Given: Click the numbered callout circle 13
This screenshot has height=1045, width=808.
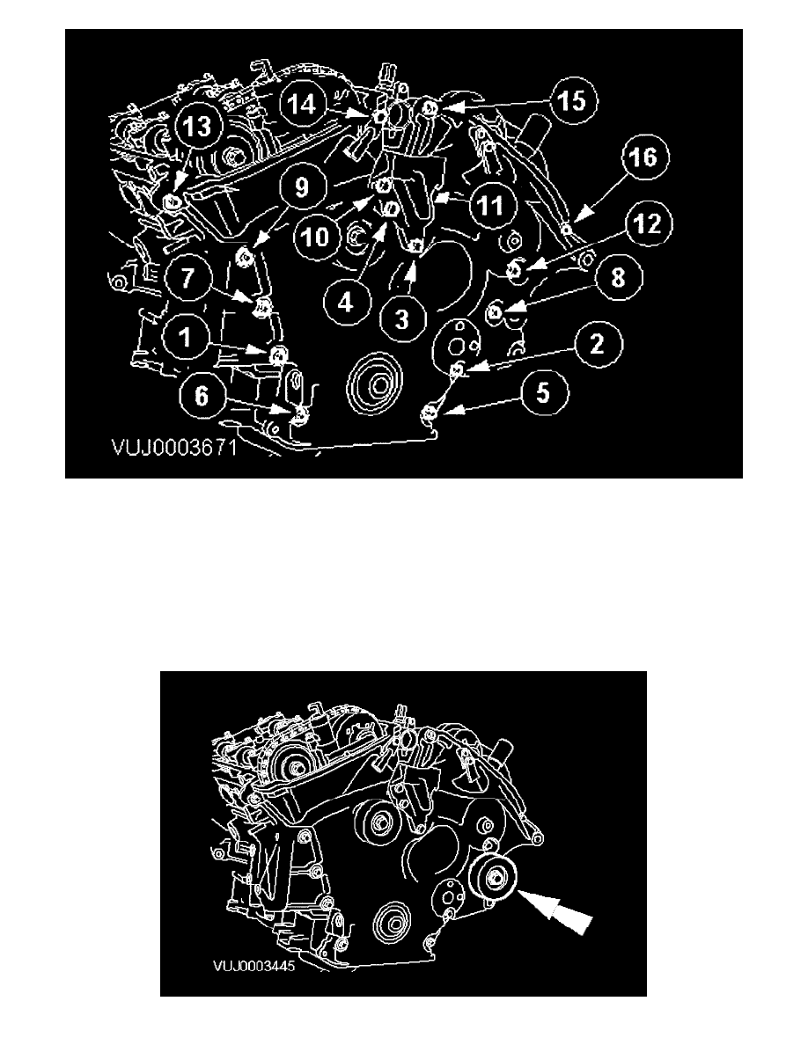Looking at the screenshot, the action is click(197, 126).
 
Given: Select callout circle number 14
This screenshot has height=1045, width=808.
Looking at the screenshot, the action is click(301, 104).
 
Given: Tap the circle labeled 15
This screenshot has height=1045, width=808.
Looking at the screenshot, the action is click(572, 101).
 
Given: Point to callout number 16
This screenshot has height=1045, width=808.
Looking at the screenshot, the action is click(643, 158).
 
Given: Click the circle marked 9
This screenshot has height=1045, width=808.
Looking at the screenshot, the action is click(302, 187).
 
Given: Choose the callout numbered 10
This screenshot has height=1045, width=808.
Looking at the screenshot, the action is click(316, 237).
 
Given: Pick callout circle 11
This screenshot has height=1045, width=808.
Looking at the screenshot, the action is click(491, 206).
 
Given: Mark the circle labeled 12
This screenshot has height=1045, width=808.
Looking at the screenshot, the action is click(647, 224).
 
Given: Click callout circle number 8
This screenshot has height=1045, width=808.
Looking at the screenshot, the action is click(618, 277).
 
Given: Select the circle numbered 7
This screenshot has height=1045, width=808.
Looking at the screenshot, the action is click(188, 277).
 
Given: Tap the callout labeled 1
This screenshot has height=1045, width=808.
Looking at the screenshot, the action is click(187, 338).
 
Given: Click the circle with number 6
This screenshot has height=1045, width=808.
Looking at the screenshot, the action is click(202, 396).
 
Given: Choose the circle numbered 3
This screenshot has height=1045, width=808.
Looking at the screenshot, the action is click(402, 320).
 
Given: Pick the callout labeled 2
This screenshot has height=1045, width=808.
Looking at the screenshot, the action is click(598, 344).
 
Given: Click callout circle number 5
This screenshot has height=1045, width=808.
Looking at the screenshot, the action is click(543, 392).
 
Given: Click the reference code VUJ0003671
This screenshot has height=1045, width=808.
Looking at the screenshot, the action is click(174, 447).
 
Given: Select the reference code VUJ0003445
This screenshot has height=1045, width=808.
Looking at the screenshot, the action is click(254, 966).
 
